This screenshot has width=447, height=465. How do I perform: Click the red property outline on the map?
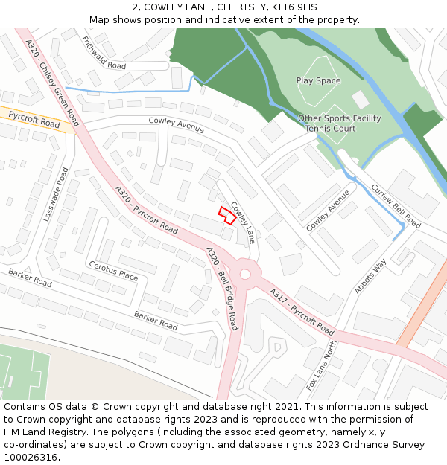click(226, 215)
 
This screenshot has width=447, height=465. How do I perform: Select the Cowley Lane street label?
click(242, 222)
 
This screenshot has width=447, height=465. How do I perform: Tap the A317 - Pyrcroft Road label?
click(302, 310)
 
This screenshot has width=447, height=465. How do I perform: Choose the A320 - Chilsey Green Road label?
click(52, 83)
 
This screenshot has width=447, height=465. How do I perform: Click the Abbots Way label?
click(370, 275)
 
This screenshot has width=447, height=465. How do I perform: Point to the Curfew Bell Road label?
click(395, 206)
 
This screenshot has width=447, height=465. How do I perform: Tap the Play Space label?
click(318, 80)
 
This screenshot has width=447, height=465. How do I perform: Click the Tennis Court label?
click(330, 129)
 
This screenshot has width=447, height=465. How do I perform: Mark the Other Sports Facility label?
click(339, 118)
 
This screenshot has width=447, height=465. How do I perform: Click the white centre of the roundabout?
click(245, 274)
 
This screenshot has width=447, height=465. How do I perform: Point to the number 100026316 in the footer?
click(31, 457)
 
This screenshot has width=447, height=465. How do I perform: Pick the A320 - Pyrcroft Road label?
click(146, 209)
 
